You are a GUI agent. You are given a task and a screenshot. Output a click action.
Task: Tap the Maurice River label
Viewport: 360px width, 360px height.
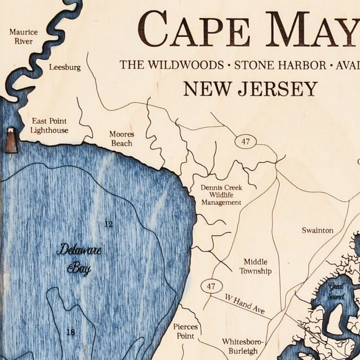(23, 37)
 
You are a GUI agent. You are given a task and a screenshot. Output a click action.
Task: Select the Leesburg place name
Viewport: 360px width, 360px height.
(65, 67)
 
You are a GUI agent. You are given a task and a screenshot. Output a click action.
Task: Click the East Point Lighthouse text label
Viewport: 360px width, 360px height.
(49, 126)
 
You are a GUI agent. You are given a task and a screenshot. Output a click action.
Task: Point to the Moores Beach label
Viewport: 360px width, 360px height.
(121, 139)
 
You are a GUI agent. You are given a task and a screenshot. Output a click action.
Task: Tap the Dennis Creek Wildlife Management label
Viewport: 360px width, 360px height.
(221, 195)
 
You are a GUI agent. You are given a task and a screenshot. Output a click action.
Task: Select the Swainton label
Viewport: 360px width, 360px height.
(317, 230)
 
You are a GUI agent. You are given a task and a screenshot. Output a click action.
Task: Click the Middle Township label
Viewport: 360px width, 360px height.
(256, 266)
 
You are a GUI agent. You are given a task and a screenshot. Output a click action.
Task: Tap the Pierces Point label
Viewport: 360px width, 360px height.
(185, 331)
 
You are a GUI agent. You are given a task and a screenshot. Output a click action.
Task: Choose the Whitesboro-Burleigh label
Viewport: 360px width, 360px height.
(240, 346)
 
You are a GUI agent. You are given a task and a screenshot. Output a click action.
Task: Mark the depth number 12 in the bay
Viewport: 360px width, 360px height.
(108, 224)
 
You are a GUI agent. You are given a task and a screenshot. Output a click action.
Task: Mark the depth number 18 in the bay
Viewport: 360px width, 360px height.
(70, 332)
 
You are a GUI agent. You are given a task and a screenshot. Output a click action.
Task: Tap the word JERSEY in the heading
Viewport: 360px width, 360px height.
(277, 89)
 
